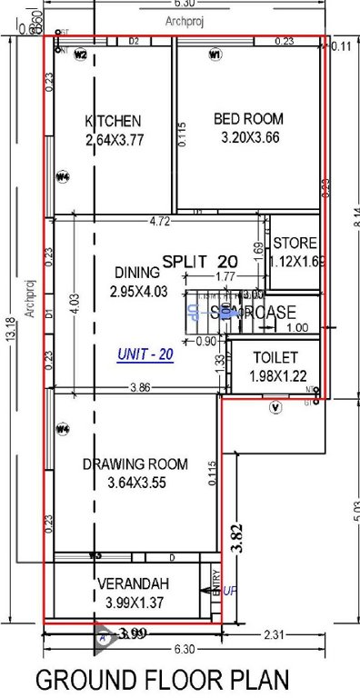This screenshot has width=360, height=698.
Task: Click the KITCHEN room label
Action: coord(113,121)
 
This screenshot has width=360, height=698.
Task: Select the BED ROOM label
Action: coord(248,118)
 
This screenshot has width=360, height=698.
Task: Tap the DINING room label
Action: coord(137,272)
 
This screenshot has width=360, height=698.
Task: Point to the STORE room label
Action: coord(295,244)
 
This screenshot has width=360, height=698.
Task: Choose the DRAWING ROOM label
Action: coord(135,464)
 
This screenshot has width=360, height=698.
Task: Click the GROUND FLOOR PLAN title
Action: coord(163,679)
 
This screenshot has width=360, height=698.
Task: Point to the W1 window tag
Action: coord(215,55)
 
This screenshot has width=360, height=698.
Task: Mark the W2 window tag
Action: coord(80,55)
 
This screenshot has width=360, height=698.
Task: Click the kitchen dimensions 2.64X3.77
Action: coord(114,140)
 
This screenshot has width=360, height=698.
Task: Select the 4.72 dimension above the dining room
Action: coord(161,221)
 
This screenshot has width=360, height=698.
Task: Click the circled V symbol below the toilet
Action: coord(276,408)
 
